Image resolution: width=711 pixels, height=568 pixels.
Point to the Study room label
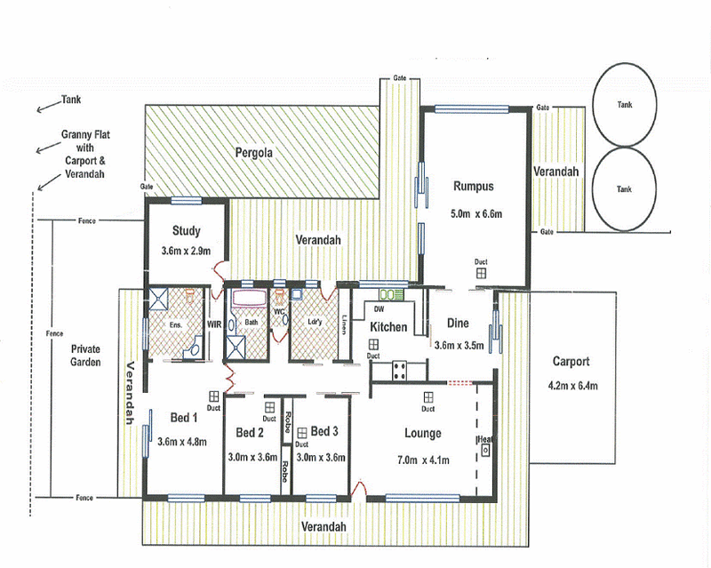[x=187, y=231]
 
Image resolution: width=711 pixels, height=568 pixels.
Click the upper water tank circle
[x=625, y=104]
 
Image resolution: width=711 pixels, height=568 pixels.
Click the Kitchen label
[x=388, y=327]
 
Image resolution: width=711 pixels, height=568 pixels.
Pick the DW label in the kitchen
[x=378, y=308]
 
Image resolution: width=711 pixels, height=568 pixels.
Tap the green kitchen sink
[x=392, y=293]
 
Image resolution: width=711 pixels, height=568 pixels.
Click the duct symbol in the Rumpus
[x=480, y=275]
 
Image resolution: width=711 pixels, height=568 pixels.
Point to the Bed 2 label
[x=250, y=432]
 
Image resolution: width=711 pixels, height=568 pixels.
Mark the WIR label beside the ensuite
[x=214, y=324]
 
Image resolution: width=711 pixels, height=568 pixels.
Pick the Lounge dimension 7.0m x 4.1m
[x=423, y=459]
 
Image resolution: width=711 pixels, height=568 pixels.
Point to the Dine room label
[x=458, y=324]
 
